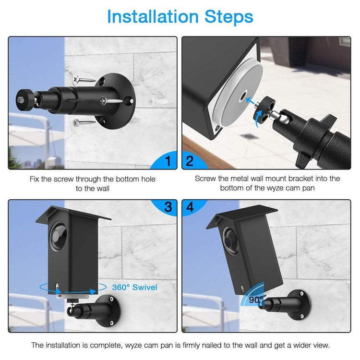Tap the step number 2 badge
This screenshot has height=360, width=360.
click(x=190, y=161)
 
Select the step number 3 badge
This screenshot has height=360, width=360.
click(x=167, y=207)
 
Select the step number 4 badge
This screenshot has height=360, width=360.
click(x=190, y=207)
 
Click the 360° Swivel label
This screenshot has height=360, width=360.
click(x=134, y=288)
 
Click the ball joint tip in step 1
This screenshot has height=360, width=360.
click(x=22, y=99)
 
